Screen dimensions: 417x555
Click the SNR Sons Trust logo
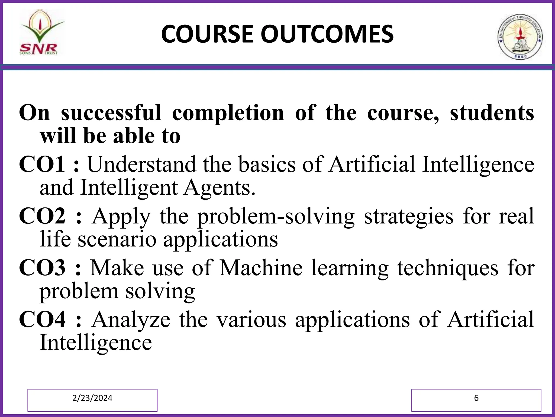pyautogui.click(x=41, y=33)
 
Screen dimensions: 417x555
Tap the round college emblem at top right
pyautogui.click(x=520, y=37)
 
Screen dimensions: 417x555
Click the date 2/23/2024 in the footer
pyautogui.click(x=92, y=398)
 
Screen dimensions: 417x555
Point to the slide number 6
pyautogui.click(x=476, y=398)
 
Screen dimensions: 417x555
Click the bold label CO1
pyautogui.click(x=42, y=165)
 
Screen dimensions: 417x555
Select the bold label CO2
pyautogui.click(x=42, y=216)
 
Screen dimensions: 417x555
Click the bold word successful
pyautogui.click(x=111, y=113)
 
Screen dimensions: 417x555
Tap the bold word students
pyautogui.click(x=492, y=113)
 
